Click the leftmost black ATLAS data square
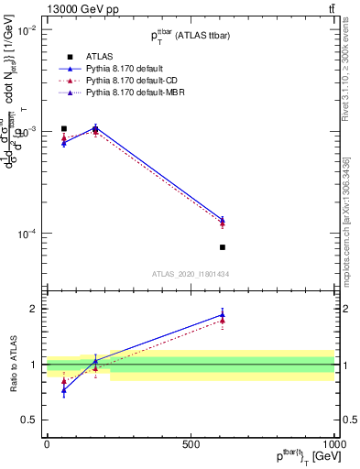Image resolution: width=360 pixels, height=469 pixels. [63, 129]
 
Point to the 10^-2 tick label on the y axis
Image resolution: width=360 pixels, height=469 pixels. [26, 29]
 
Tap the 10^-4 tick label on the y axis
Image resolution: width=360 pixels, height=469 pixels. [26, 234]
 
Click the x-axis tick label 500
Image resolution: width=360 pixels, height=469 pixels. [191, 444]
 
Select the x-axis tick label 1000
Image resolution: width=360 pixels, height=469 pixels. [334, 444]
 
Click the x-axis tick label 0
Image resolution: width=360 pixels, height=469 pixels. [47, 444]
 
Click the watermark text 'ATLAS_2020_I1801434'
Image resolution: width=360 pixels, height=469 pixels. [191, 274]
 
